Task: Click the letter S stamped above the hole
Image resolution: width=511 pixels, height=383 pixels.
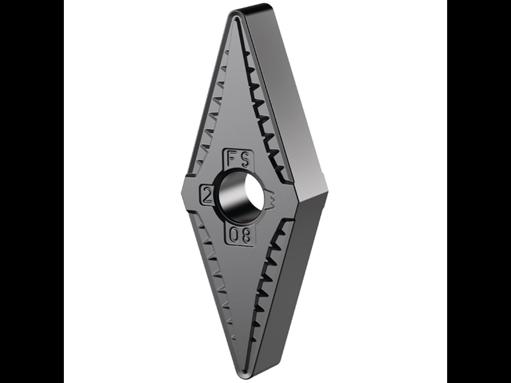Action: pos(247,159)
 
